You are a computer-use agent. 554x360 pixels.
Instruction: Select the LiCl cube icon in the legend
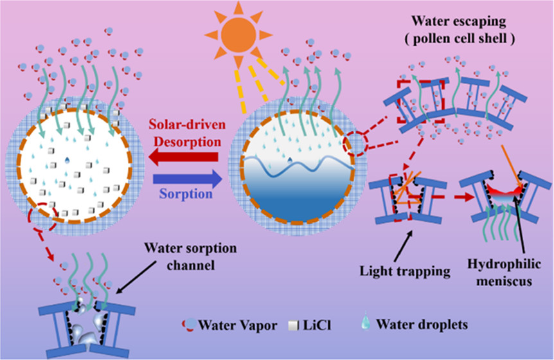257,325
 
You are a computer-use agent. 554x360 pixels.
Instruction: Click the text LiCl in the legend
280,326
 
